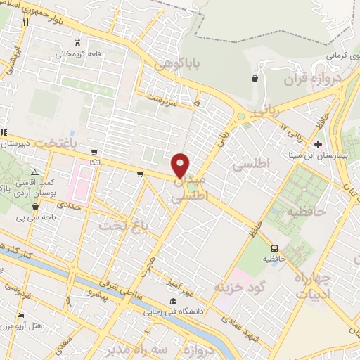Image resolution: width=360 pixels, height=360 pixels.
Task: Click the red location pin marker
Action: [181, 165]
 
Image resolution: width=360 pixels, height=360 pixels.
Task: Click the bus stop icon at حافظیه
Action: [274, 247]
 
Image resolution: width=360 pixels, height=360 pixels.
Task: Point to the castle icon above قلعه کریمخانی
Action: [77, 41]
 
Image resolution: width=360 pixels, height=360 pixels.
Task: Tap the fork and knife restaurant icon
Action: [25, 22]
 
